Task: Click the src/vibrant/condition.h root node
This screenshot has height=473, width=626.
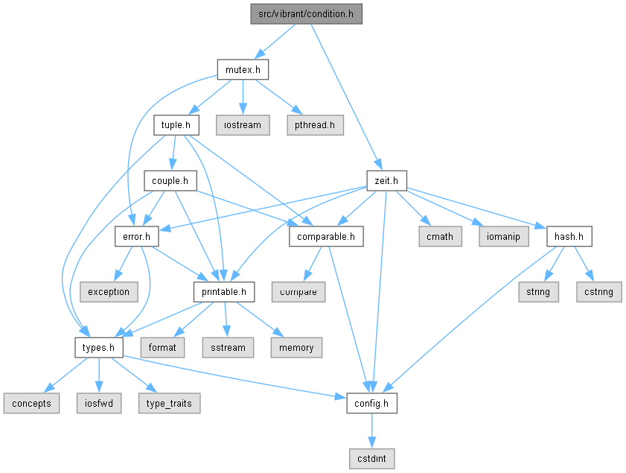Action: (x=306, y=14)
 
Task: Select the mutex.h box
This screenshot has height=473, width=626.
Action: (x=243, y=69)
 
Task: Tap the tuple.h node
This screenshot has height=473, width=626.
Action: (x=176, y=125)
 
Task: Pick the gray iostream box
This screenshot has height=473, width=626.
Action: (x=243, y=125)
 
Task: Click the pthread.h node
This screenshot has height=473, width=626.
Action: (x=315, y=125)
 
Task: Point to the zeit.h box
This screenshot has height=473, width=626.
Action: (x=386, y=180)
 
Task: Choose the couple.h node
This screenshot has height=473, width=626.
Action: (x=170, y=180)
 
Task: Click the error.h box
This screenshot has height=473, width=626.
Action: (x=136, y=237)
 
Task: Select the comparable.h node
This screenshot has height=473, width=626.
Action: (x=326, y=237)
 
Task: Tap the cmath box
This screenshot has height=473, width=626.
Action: (x=440, y=237)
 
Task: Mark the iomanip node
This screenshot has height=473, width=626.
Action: (x=503, y=237)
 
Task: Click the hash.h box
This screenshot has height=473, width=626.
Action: (x=569, y=237)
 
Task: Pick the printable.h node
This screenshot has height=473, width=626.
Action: (x=224, y=292)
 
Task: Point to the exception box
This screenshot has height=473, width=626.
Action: (x=109, y=292)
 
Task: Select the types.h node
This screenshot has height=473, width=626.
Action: (x=98, y=348)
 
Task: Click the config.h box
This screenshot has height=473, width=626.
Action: (x=371, y=403)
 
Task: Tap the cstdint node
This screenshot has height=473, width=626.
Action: (x=371, y=459)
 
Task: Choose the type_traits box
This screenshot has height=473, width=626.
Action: (x=169, y=403)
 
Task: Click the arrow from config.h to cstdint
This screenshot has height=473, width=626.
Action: (x=371, y=431)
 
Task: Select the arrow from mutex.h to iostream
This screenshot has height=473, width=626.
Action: (x=243, y=98)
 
